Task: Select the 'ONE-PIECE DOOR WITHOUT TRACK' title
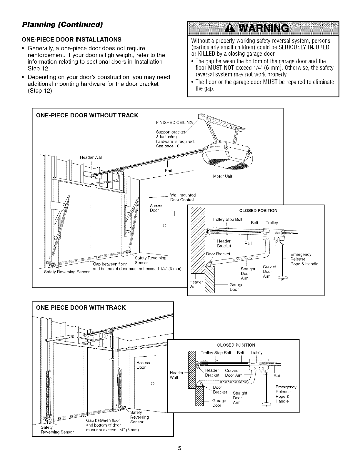87,115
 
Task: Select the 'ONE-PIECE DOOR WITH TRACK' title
81,308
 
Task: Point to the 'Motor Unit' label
222,176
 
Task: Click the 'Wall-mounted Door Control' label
183,197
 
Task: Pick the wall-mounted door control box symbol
173,213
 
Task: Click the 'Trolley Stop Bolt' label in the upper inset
227,220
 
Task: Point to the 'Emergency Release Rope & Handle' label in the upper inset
304,259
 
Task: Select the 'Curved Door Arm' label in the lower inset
234,373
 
